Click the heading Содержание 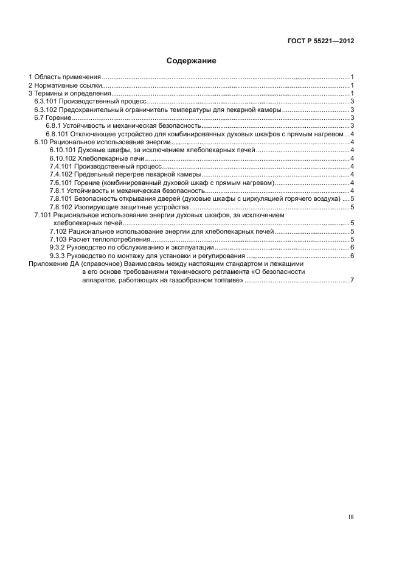pos(192,61)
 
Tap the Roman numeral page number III pos(350,517)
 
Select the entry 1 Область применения pos(65,77)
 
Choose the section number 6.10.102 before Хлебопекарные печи pos(62,158)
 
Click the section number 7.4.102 pos(60,173)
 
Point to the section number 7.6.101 pos(60,182)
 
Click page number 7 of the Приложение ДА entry pos(352,280)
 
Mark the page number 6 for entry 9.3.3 pos(352,256)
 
